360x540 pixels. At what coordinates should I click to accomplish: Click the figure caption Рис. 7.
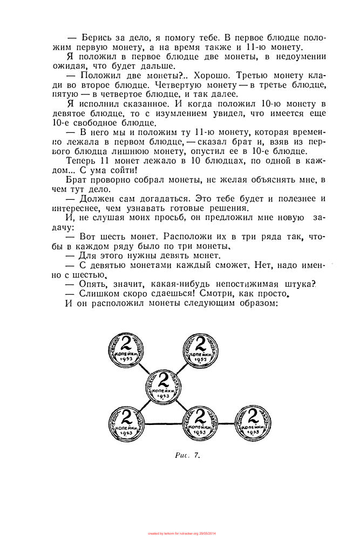pyautogui.click(x=187, y=455)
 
